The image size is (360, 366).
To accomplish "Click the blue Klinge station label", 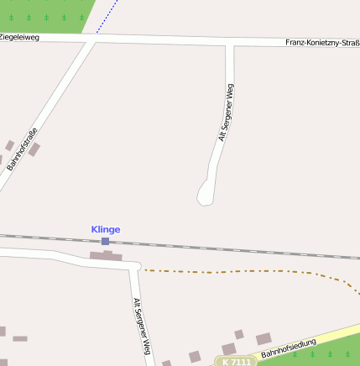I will (106, 229).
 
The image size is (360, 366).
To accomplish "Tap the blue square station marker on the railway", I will (105, 241).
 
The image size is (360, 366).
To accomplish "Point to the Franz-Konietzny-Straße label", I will (322, 42).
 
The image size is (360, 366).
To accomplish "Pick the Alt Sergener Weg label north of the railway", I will (225, 112).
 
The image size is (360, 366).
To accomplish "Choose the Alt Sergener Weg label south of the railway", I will (141, 327).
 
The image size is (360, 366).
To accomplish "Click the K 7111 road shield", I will (236, 361).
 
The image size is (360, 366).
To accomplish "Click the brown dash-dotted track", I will (252, 271).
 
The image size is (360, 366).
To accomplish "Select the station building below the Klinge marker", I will (106, 254).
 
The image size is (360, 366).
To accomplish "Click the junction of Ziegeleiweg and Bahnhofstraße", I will (91, 39).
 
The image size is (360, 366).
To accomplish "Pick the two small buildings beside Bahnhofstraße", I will (23, 149).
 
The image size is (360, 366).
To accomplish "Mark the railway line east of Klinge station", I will (252, 248).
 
